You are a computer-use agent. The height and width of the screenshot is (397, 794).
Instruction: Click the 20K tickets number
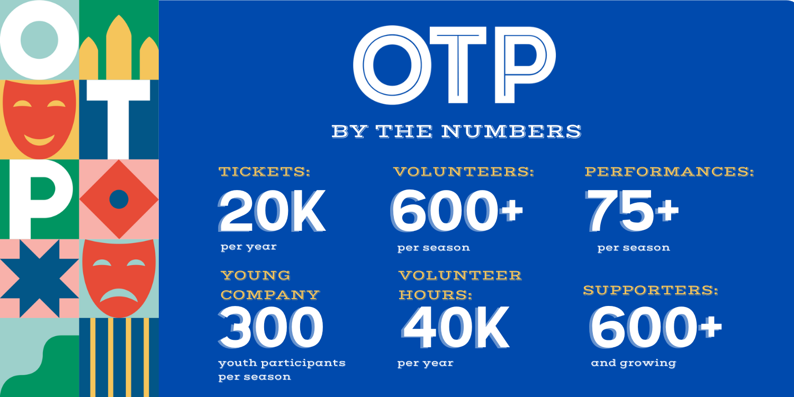click(x=272, y=211)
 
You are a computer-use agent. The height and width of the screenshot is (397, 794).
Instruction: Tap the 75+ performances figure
click(x=632, y=211)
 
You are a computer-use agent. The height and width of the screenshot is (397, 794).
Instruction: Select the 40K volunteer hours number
click(x=455, y=327)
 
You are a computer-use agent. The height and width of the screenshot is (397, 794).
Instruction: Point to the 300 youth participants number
click(x=271, y=327)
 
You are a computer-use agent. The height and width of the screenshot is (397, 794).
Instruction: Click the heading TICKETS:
click(x=265, y=172)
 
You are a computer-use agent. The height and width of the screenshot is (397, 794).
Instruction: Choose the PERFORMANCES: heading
click(x=669, y=172)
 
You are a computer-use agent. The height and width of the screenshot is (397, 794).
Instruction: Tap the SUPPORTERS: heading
click(x=651, y=290)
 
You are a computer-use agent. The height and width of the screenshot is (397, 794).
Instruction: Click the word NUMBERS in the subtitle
click(x=511, y=131)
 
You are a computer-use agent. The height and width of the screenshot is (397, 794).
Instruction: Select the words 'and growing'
click(x=634, y=363)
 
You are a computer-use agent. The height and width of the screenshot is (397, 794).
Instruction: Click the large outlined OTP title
click(x=454, y=65)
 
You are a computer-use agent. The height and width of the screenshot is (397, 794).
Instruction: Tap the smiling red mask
click(x=39, y=119)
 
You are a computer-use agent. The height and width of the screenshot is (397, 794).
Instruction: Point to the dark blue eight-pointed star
click(x=39, y=278)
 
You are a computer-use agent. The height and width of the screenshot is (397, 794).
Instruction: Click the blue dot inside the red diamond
click(x=119, y=199)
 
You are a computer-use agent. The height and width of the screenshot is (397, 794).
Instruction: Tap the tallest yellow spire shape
click(x=119, y=47)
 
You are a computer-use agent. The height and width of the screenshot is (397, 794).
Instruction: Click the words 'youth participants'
click(x=282, y=363)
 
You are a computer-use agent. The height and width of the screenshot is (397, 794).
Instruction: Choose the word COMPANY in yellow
click(x=270, y=295)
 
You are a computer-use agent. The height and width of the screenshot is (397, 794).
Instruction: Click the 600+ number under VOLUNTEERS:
click(x=457, y=211)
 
